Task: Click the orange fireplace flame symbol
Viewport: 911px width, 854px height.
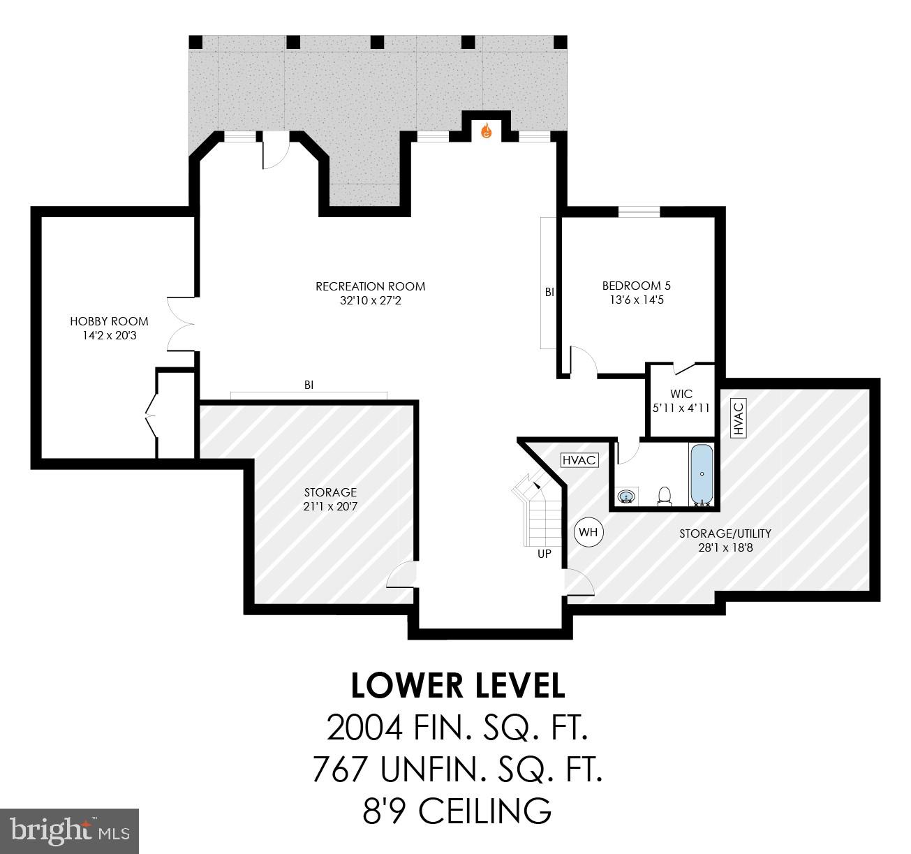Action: pos(487,131)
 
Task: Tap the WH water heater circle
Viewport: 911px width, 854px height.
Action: pos(588,532)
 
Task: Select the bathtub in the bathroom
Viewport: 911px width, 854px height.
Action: pos(702,474)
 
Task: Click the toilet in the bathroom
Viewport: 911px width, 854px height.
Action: pos(665,495)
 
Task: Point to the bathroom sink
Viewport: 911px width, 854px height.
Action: pos(627,496)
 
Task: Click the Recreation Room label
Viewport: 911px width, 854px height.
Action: pos(370,286)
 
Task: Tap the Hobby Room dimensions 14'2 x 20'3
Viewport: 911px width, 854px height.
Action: pos(109,335)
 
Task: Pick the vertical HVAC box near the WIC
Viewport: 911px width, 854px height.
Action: pos(739,418)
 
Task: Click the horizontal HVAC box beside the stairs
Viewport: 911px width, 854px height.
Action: pos(579,460)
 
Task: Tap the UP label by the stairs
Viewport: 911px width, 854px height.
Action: pos(544,554)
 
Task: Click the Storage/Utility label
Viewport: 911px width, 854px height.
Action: pos(725,533)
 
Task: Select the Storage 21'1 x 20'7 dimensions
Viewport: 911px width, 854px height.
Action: pos(330,506)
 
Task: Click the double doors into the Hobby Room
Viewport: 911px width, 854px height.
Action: pos(180,323)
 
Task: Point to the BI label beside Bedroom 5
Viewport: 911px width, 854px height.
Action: pos(549,293)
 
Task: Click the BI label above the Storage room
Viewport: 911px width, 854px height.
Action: pos(309,384)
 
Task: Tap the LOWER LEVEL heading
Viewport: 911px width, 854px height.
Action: pos(457,686)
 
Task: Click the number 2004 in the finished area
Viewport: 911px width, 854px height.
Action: pos(365,728)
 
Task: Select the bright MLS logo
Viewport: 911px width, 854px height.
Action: pos(70,831)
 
